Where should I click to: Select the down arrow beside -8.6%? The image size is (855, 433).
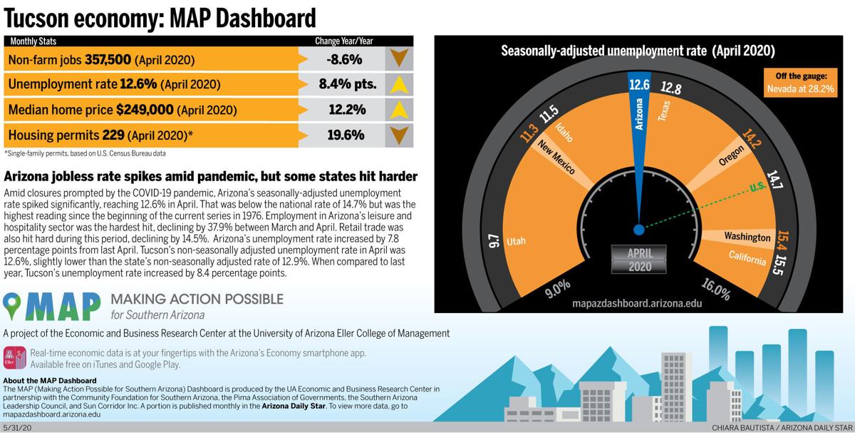(x=399, y=59)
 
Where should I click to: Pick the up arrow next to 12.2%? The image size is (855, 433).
(x=399, y=110)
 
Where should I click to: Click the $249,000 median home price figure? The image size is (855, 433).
(x=145, y=110)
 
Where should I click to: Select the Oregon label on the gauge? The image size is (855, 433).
(x=731, y=155)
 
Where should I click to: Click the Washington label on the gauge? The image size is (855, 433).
(x=747, y=237)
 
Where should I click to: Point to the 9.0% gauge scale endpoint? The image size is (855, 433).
(x=557, y=287)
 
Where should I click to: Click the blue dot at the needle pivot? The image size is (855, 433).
(x=638, y=230)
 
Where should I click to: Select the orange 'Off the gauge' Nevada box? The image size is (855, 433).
(x=797, y=82)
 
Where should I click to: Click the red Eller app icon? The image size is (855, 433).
(x=14, y=358)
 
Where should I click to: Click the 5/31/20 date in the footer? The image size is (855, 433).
(x=17, y=427)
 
